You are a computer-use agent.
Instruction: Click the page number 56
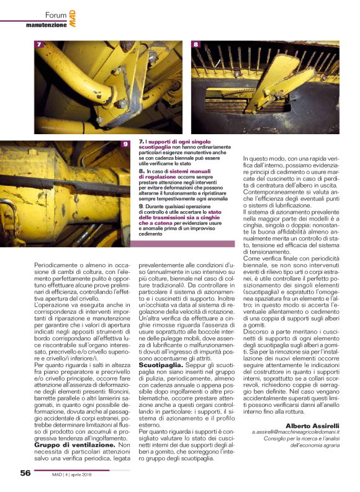[x=25, y=473]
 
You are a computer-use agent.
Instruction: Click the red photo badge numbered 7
[x=39, y=45]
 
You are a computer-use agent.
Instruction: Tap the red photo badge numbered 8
[x=197, y=45]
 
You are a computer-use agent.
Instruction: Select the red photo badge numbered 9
[x=125, y=145]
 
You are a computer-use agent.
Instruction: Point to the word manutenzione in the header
[x=45, y=25]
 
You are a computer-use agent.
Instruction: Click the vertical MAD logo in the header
[x=73, y=17]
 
